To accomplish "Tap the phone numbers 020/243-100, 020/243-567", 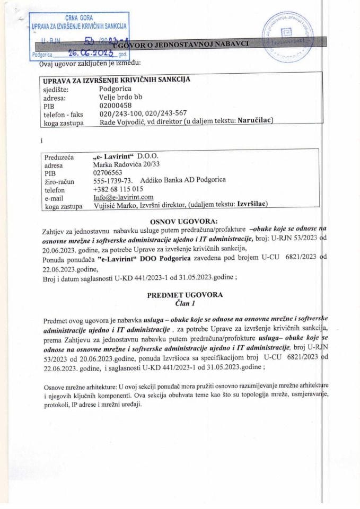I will click(x=143, y=113).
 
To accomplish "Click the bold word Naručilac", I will click(x=254, y=122).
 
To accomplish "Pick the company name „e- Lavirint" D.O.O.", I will click(x=125, y=156).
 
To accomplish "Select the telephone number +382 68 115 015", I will click(x=118, y=189).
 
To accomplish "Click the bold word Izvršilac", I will click(x=251, y=206).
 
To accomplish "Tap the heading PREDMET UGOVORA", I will click(x=185, y=295).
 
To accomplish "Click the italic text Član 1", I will click(x=185, y=303).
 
